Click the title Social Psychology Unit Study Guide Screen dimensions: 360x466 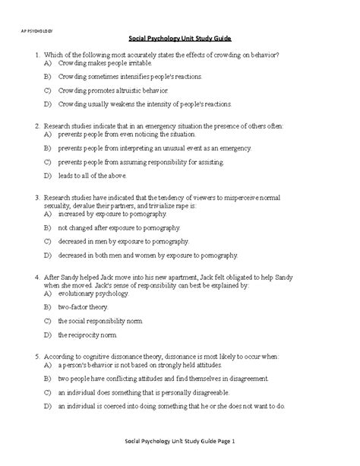point(180,37)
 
